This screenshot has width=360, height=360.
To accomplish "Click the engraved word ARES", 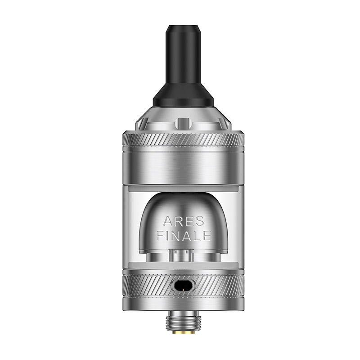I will click(184, 221).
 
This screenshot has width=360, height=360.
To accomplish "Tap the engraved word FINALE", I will click(184, 235).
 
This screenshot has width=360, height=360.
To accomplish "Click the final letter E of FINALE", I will click(207, 235).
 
